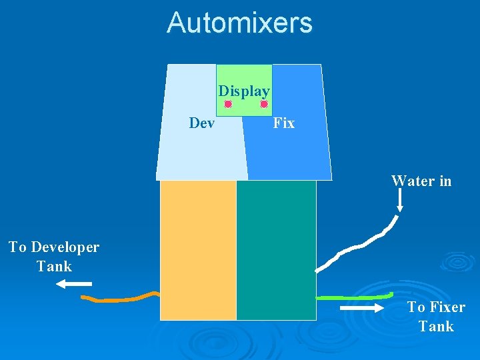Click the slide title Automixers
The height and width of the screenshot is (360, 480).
coord(239,23)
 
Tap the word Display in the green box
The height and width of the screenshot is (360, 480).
coord(244,91)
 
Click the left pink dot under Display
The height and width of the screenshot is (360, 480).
coord(227,105)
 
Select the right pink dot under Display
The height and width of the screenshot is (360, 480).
coord(264,105)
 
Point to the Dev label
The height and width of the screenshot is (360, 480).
coord(202,123)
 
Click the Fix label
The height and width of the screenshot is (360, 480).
coord(283,123)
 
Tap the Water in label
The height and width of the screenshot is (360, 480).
coord(421,181)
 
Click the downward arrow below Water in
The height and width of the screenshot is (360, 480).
coord(399,201)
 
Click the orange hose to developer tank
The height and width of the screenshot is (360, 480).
coord(120,299)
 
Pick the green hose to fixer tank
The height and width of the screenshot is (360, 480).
coord(353,296)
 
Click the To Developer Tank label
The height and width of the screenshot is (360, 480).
coord(54,257)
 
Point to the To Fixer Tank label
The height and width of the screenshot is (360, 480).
coord(436,317)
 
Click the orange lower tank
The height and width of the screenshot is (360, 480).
coord(198,250)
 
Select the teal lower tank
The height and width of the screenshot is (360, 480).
coord(276,250)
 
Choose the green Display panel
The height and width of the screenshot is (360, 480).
coord(244,77)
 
